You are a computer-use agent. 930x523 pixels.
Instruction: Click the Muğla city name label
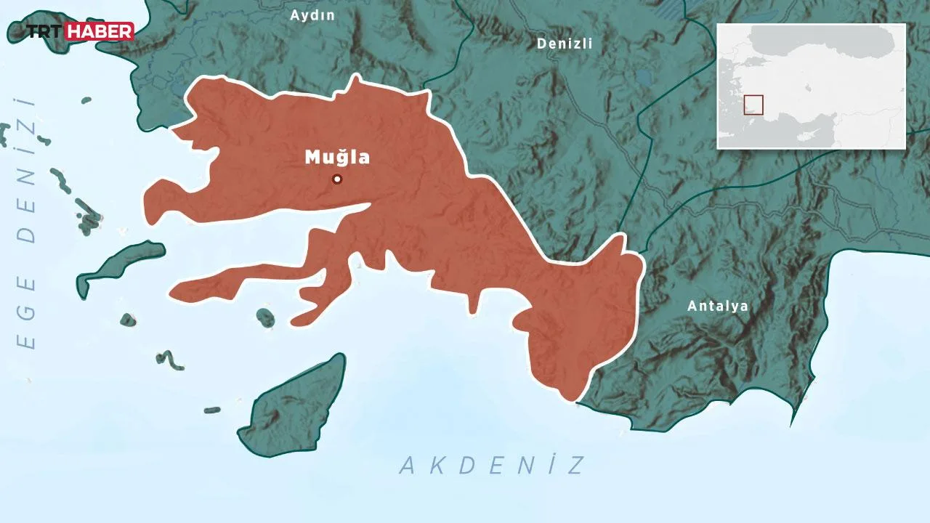click(337, 157)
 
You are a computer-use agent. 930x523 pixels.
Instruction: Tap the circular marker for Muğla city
click(337, 179)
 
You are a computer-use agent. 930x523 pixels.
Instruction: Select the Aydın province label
click(312, 15)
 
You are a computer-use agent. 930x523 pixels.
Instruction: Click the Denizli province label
click(565, 44)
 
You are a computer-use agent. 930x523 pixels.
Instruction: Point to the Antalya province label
click(718, 306)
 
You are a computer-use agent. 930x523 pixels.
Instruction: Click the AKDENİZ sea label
click(493, 465)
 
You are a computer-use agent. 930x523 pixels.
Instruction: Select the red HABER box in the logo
click(100, 31)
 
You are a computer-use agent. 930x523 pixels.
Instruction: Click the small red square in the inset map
click(753, 105)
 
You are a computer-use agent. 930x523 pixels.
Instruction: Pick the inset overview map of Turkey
click(811, 86)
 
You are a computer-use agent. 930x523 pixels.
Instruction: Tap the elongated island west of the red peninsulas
click(120, 265)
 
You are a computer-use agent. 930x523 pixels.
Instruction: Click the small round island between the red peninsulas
click(266, 317)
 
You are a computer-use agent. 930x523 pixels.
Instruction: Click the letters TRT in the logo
click(45, 31)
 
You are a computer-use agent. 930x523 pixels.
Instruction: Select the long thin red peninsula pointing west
click(232, 283)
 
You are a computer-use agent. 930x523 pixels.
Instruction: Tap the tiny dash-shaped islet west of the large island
click(211, 410)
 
